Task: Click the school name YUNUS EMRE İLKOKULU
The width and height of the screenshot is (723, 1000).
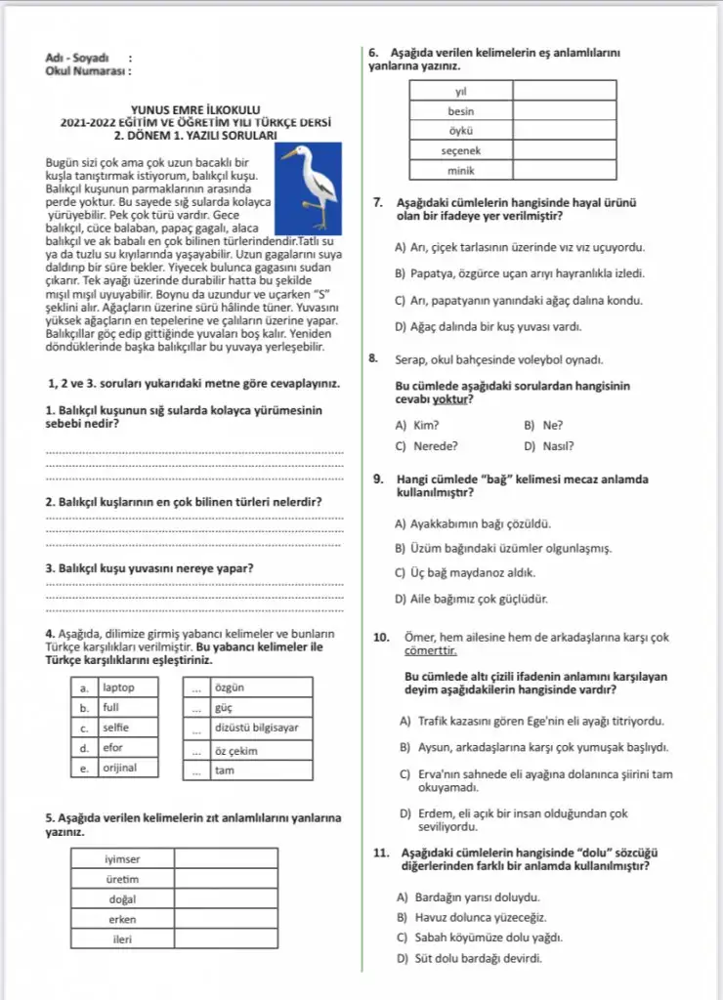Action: (194, 110)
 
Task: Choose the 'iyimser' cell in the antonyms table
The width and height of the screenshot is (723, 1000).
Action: (122, 859)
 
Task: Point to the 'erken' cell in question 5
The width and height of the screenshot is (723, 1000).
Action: (122, 919)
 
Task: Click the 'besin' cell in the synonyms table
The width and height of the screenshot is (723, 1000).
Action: (460, 111)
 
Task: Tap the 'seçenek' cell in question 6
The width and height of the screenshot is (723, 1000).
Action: (460, 151)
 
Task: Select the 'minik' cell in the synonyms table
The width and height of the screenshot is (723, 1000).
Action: (460, 171)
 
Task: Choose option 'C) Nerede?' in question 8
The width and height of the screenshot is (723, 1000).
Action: (427, 446)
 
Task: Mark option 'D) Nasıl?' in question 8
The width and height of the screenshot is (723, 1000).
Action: (549, 446)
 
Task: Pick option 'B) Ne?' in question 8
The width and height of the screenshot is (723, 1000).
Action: (543, 426)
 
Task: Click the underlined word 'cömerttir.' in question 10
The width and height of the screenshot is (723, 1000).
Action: (431, 650)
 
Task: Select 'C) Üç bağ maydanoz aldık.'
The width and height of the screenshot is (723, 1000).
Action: (464, 573)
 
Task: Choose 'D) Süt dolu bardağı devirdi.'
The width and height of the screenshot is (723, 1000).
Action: (468, 958)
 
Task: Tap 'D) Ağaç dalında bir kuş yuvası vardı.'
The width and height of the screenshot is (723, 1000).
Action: (489, 327)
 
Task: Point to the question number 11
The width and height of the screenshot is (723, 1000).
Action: (382, 853)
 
